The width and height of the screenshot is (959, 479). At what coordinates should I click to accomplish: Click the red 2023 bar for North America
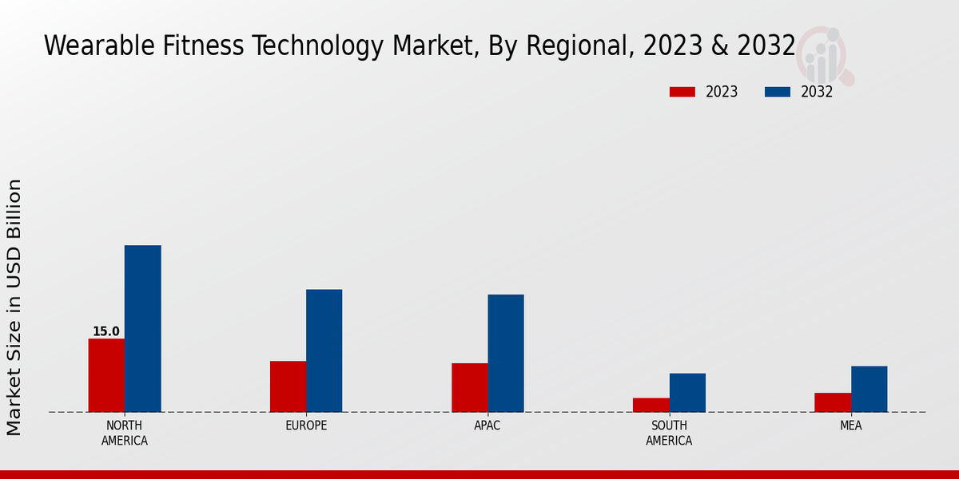click(106, 375)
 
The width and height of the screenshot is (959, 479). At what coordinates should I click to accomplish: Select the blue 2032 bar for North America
click(142, 328)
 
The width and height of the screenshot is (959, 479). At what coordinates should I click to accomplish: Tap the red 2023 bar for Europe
click(288, 386)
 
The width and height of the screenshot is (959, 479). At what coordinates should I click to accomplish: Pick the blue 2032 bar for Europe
click(324, 350)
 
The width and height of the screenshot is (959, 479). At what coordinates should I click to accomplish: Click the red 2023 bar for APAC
click(469, 387)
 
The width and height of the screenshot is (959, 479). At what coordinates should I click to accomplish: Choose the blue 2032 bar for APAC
click(506, 353)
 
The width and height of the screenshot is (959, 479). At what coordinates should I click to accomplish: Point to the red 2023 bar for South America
click(651, 405)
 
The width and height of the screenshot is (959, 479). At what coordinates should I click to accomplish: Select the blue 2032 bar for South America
click(687, 392)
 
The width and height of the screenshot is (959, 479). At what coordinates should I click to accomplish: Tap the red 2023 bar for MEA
click(833, 402)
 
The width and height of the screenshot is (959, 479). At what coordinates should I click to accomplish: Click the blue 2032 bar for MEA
click(869, 389)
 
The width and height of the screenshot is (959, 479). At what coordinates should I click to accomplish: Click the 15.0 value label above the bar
click(105, 331)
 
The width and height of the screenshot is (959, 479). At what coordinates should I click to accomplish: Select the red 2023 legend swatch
click(682, 92)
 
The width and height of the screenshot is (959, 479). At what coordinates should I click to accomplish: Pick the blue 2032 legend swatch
click(777, 92)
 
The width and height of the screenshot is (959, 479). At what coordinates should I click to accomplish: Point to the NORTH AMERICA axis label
click(124, 433)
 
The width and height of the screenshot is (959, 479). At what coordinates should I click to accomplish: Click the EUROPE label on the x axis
click(306, 426)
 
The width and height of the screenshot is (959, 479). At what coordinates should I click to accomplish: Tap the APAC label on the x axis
click(487, 426)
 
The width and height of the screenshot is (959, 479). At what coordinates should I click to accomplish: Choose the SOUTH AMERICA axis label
click(669, 433)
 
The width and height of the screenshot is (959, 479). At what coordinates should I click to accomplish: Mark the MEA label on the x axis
click(850, 426)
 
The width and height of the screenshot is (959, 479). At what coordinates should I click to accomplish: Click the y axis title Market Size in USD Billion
click(14, 307)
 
